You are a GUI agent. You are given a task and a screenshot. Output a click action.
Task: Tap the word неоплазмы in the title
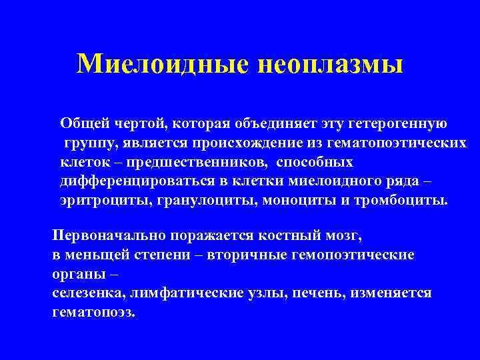click(x=329, y=65)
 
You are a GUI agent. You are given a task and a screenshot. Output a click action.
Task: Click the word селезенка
click(x=84, y=293)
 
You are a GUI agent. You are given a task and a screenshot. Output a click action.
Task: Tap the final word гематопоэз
click(x=93, y=312)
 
